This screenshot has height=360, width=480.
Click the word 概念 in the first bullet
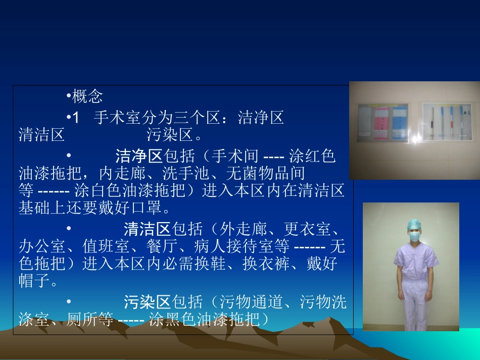88,96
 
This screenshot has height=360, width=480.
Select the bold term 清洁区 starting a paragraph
147,229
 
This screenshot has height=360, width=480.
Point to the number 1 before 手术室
76,118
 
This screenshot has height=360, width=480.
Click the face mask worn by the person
415,235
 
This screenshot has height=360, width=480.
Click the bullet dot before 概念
68,96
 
